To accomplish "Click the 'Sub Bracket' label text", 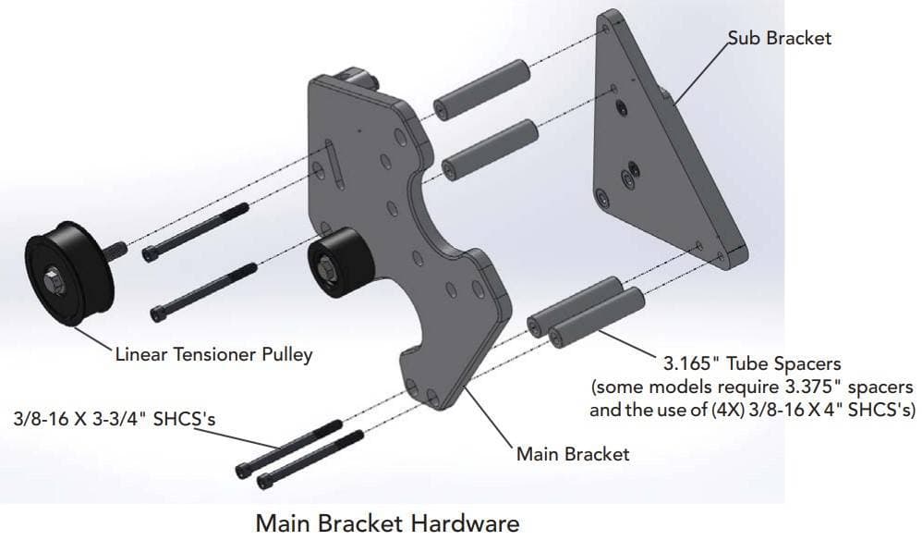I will point(779,38).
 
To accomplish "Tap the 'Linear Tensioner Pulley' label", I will point(213,354).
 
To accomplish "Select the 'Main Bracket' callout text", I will point(572,454).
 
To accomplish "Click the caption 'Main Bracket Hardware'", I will point(387,523).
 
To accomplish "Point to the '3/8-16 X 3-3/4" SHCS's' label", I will point(115,418).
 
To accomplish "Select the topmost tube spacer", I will point(480,87).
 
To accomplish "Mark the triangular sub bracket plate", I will point(656,157).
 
